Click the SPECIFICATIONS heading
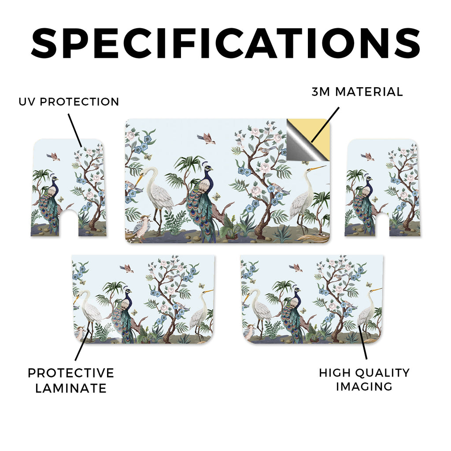coord(225,43)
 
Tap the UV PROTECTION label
coord(69,102)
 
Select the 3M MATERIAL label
coord(357,92)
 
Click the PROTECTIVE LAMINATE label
coord(71,381)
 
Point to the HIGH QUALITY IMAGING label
coord(364,380)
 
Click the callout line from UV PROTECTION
coord(75,130)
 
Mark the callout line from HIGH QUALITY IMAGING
coord(363,342)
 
